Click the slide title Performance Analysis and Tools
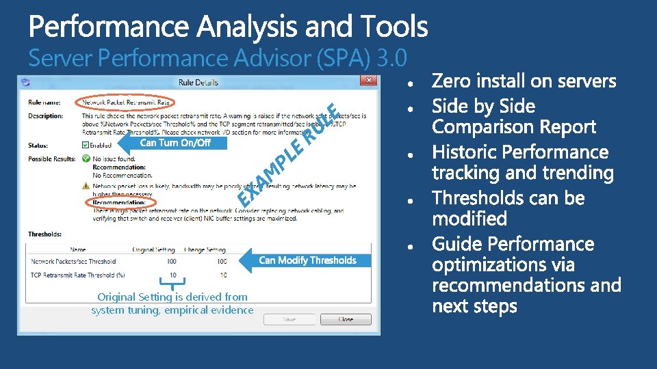click(228, 27)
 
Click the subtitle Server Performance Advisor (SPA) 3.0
click(218, 58)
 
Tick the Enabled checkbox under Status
click(86, 145)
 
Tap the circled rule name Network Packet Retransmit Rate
click(127, 102)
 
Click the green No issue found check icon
click(86, 159)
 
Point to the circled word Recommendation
click(119, 203)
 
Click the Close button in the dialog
click(346, 319)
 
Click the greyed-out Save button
click(289, 319)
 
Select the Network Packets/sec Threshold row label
click(73, 262)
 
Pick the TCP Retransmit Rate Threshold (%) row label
click(78, 275)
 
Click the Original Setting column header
click(154, 250)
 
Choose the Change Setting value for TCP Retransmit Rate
click(223, 275)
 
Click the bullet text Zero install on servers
click(524, 82)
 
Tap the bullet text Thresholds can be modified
click(508, 208)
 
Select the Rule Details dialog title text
click(198, 82)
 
